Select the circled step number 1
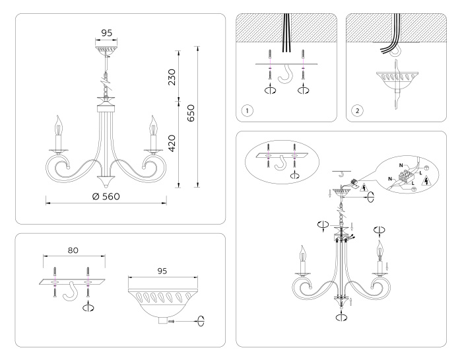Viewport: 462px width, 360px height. click(x=246, y=110)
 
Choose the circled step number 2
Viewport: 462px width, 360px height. click(x=357, y=110)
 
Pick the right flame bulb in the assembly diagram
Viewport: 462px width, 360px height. click(x=379, y=251)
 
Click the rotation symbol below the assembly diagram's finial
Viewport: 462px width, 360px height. click(x=341, y=317)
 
